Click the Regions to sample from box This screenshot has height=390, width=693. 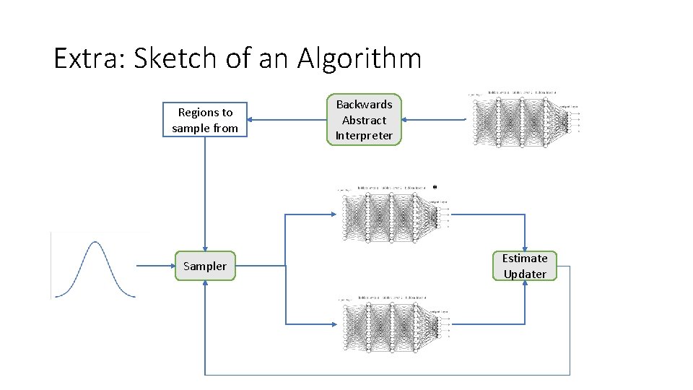coord(205,120)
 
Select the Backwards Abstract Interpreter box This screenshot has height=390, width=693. coord(364,120)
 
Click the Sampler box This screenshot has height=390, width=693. coord(205,266)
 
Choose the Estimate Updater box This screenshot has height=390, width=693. coord(525,266)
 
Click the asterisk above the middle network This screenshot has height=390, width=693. coord(435,187)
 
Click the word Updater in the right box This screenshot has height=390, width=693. coord(525,274)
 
